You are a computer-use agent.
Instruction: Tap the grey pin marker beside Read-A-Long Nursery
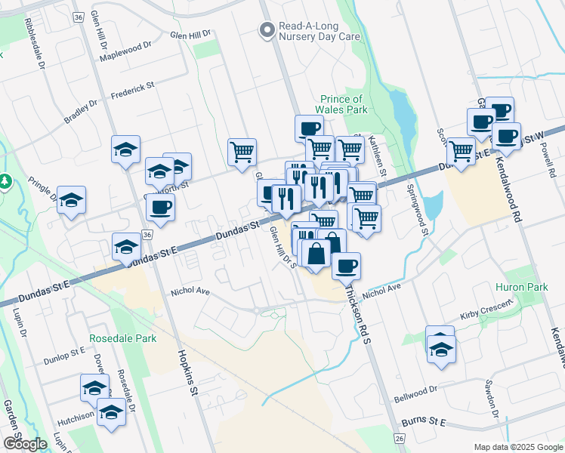click(266, 31)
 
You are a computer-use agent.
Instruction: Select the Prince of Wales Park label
click(341, 104)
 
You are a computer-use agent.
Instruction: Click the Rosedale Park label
click(123, 338)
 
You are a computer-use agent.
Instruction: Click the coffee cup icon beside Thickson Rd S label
click(346, 266)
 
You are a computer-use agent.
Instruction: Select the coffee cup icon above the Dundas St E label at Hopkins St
click(160, 206)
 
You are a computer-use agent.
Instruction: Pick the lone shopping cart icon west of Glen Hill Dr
click(242, 152)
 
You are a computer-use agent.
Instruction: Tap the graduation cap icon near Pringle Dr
click(71, 199)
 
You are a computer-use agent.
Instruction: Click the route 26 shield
click(399, 438)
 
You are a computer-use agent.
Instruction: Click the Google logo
click(24, 443)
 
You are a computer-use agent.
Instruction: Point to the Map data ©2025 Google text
click(517, 447)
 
